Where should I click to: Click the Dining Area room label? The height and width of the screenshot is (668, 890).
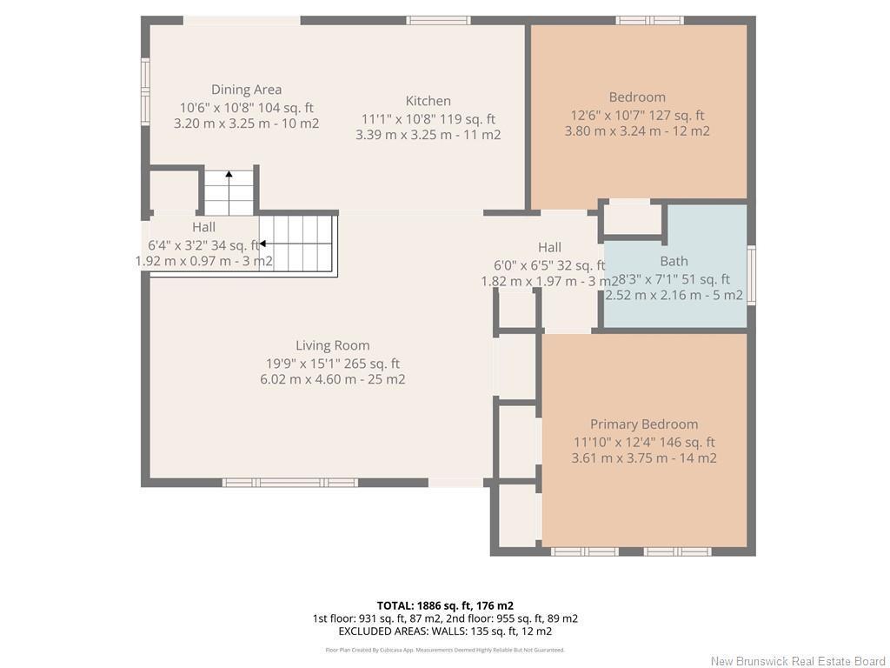point(246,90)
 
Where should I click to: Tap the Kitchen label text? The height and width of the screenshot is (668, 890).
point(428,101)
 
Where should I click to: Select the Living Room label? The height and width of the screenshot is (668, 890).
point(332,345)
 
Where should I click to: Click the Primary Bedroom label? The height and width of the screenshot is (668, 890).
point(643,424)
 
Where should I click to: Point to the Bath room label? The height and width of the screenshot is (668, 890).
point(674,261)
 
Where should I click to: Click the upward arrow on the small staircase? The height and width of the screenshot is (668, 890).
point(229,177)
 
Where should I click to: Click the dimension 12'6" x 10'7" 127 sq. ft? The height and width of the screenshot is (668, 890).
point(637,115)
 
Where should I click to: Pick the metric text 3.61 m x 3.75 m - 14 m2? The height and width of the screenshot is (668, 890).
point(643,458)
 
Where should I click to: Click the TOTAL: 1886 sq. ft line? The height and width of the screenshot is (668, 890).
point(444,605)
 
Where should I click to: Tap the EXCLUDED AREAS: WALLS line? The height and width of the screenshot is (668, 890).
point(444,631)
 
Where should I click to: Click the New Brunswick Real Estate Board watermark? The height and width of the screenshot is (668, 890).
point(797,661)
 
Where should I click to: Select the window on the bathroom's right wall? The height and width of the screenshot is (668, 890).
point(751,274)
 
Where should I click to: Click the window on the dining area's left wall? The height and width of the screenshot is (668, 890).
point(146,91)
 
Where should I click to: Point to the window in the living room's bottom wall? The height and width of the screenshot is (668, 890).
point(289,483)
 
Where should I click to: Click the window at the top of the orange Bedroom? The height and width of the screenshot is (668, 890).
point(650,20)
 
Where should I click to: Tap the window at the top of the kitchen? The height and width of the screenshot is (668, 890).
point(439,20)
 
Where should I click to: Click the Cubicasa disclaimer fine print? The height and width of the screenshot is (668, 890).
point(444,650)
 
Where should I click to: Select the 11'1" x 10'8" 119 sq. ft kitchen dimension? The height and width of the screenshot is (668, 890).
point(428,119)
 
